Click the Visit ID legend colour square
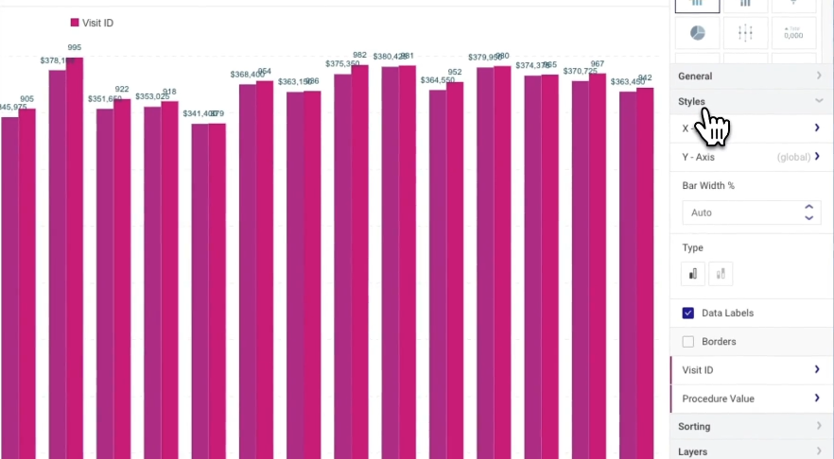click(75, 23)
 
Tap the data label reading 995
click(75, 48)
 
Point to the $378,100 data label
click(56, 60)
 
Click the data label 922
click(122, 90)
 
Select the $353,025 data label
click(151, 96)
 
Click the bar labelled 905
click(26, 283)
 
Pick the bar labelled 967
click(597, 264)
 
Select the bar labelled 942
click(645, 274)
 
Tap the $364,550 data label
click(438, 80)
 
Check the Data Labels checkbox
click(688, 313)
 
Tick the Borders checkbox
click(688, 341)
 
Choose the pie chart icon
click(697, 33)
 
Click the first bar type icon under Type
click(693, 274)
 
